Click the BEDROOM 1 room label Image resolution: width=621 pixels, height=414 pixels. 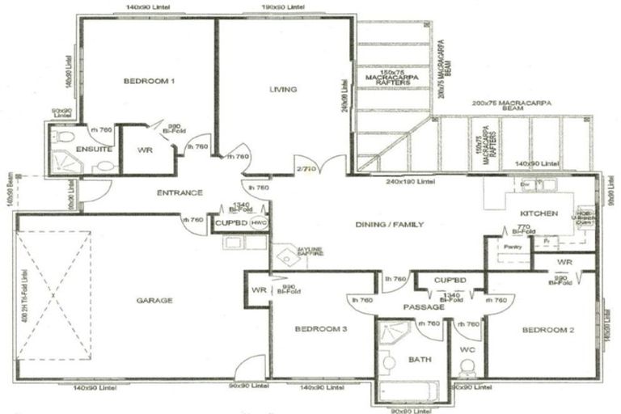(149, 81)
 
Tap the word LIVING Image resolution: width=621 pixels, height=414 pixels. (283, 89)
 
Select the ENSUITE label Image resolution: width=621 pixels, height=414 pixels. (89, 150)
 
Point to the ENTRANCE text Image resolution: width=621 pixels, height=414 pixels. (179, 192)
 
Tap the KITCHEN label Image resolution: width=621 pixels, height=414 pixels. (539, 213)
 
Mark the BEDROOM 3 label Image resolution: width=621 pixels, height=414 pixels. (321, 329)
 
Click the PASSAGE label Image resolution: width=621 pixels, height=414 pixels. (424, 307)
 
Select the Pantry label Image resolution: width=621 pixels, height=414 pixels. (511, 244)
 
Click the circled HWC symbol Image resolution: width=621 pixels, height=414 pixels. (258, 223)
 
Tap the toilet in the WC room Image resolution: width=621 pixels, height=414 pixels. (466, 370)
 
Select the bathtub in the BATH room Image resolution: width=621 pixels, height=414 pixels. (409, 391)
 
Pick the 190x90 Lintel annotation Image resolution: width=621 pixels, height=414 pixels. (281, 7)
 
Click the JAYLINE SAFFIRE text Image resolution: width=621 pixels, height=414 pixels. (288, 253)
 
